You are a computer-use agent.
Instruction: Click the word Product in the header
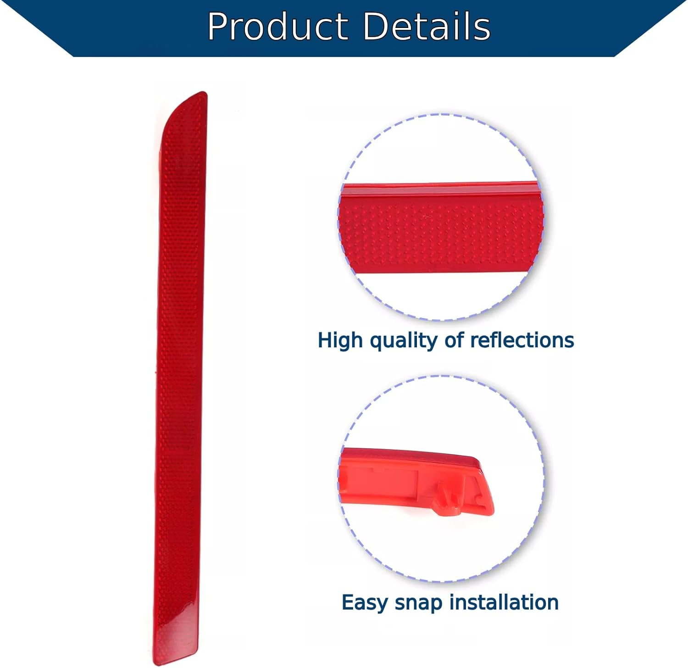pyautogui.click(x=277, y=27)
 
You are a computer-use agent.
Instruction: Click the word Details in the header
pyautogui.click(x=427, y=27)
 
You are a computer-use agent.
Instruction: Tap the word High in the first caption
pyautogui.click(x=340, y=340)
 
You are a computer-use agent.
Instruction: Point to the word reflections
pyautogui.click(x=522, y=340)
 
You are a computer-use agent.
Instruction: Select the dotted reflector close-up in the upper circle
pyautogui.click(x=440, y=234)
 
